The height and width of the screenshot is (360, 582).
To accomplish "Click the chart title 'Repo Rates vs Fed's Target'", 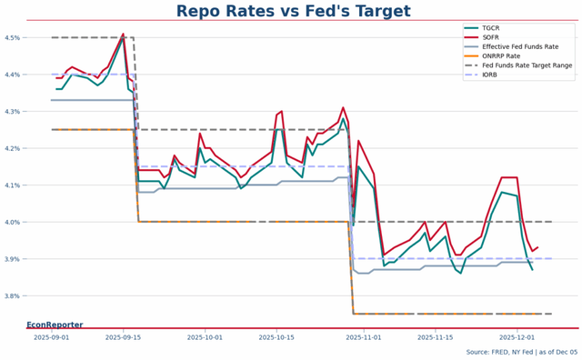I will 291,11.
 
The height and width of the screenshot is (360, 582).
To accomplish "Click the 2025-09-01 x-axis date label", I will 51,337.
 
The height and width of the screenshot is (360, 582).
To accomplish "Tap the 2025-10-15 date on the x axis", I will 277,337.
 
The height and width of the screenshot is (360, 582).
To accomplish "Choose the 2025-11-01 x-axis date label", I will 364,337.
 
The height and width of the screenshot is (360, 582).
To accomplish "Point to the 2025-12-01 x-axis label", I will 517,337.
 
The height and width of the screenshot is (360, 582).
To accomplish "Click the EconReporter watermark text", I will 55,325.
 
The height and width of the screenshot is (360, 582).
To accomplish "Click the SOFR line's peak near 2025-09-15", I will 123,34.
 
